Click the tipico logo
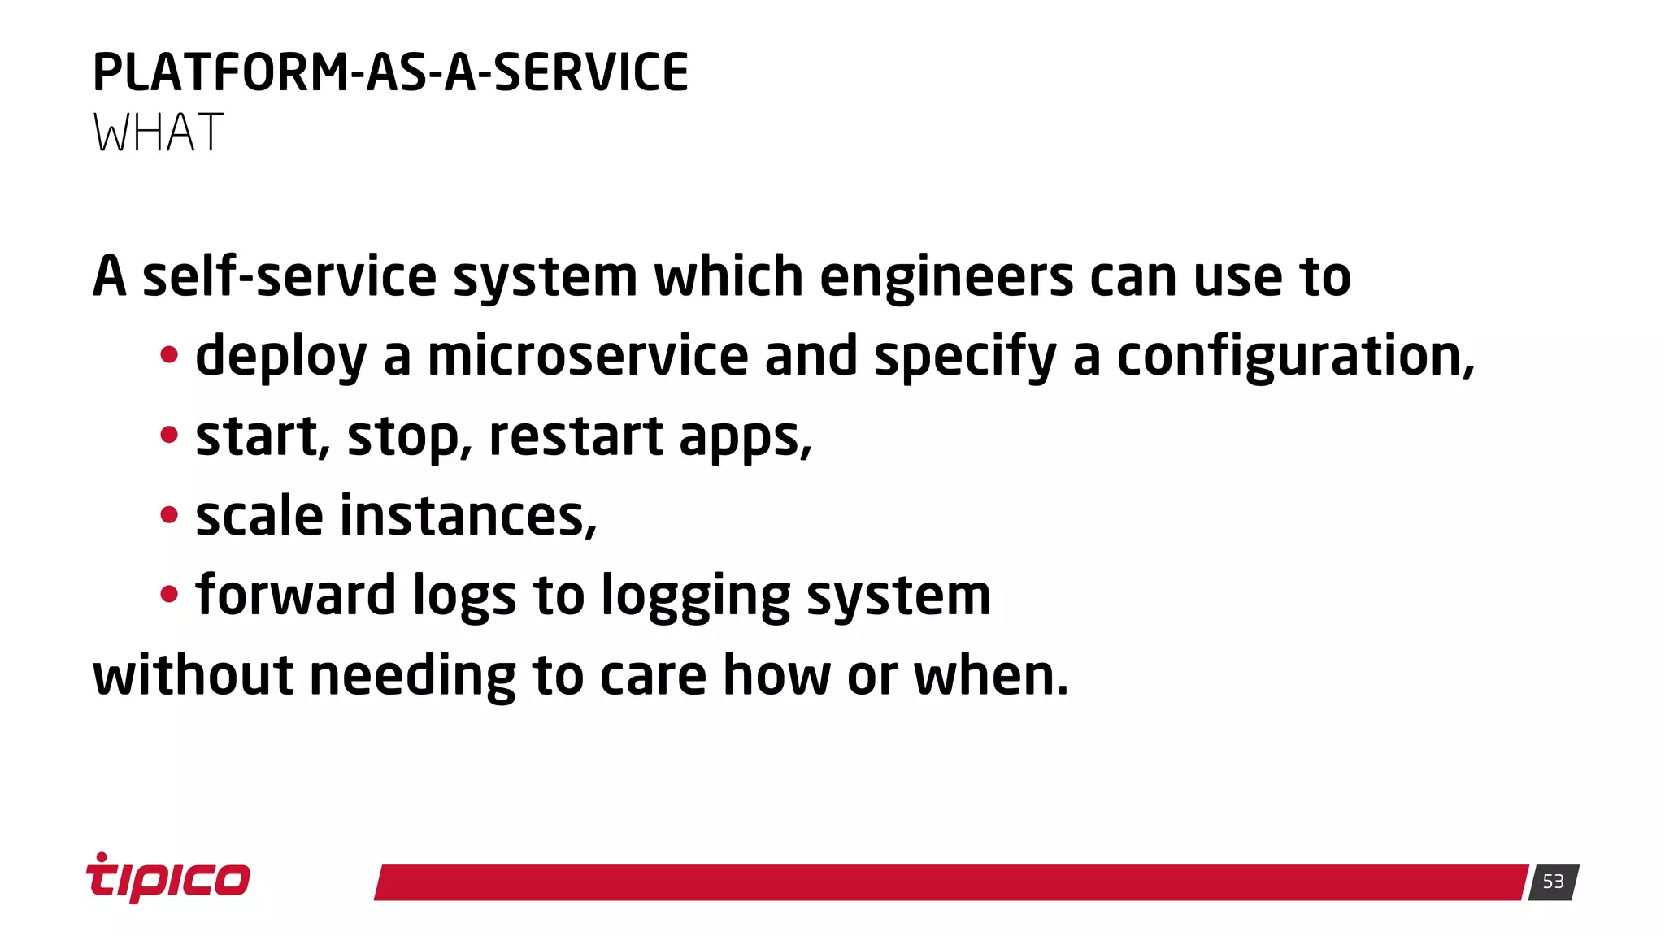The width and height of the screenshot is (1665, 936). point(168,878)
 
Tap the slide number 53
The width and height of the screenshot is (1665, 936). point(1553,882)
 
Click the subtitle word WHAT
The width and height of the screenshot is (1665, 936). point(158,132)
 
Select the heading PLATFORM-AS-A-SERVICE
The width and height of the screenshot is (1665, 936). point(390,72)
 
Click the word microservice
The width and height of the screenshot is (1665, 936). point(588,356)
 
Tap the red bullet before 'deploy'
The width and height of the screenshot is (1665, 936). point(169,355)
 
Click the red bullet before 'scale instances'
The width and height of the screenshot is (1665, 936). point(169,515)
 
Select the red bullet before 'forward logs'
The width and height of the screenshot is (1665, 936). point(169,595)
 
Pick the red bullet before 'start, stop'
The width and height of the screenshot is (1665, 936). point(169,435)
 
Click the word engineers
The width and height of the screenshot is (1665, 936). point(946,277)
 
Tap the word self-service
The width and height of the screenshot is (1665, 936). point(289,277)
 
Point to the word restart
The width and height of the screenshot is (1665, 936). point(576,436)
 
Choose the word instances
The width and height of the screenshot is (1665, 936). point(467,516)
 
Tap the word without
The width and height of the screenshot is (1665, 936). point(193,675)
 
